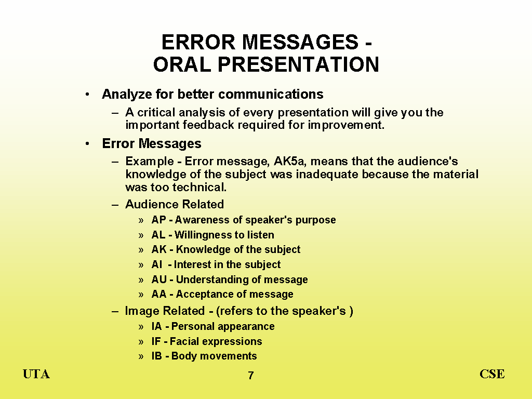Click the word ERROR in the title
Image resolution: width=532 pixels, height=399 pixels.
[198, 42]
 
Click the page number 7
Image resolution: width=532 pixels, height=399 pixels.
[251, 375]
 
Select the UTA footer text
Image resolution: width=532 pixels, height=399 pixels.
[36, 374]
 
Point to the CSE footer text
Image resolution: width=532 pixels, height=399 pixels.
[492, 374]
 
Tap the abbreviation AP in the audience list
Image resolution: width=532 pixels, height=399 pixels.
[158, 220]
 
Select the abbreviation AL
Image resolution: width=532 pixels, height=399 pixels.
[158, 235]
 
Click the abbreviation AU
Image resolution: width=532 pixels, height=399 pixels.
[159, 279]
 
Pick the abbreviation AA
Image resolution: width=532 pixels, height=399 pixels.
[159, 294]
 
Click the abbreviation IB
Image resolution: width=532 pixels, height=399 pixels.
[157, 356]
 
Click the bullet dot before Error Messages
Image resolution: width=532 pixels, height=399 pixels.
[87, 144]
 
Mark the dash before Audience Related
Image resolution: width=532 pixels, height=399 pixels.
[115, 205]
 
